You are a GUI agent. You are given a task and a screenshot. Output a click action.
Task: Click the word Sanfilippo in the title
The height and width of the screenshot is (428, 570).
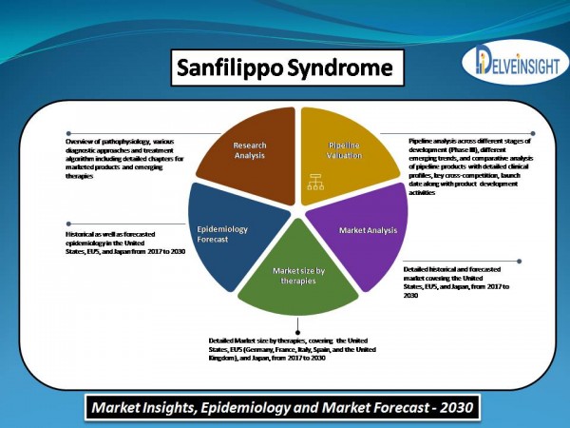pyautogui.click(x=229, y=68)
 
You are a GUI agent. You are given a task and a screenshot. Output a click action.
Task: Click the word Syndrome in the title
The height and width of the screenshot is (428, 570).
pyautogui.click(x=340, y=68)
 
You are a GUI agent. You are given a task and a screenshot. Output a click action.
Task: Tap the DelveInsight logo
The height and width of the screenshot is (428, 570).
pyautogui.click(x=515, y=62)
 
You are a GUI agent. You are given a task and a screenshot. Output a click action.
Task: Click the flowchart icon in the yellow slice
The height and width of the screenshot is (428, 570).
pyautogui.click(x=315, y=182)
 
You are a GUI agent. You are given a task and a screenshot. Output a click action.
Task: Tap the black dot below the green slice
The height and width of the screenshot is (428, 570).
pyautogui.click(x=297, y=332)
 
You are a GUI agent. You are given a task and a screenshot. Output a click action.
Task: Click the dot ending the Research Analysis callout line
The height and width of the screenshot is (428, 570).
pyautogui.click(x=68, y=133)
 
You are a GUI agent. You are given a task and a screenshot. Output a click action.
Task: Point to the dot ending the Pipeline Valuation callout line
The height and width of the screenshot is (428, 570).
pyautogui.click(x=533, y=133)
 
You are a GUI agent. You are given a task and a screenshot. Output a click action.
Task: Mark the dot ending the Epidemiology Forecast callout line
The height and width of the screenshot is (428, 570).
pyautogui.click(x=68, y=224)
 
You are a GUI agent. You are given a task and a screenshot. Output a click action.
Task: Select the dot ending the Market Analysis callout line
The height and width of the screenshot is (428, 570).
pyautogui.click(x=519, y=261)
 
